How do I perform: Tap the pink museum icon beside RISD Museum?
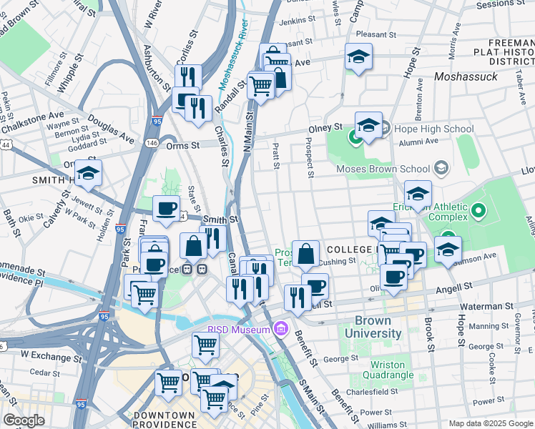pyautogui.click(x=280, y=329)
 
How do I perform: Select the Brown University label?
pyautogui.click(x=373, y=327)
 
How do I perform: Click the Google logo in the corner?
pyautogui.click(x=24, y=420)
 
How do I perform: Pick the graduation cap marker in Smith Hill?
pyautogui.click(x=88, y=174)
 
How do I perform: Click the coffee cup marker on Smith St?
pyautogui.click(x=167, y=209)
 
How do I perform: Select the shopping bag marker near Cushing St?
pyautogui.click(x=305, y=253)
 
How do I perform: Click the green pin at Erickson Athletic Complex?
pyautogui.click(x=478, y=212)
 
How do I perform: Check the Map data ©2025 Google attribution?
pyautogui.click(x=490, y=423)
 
